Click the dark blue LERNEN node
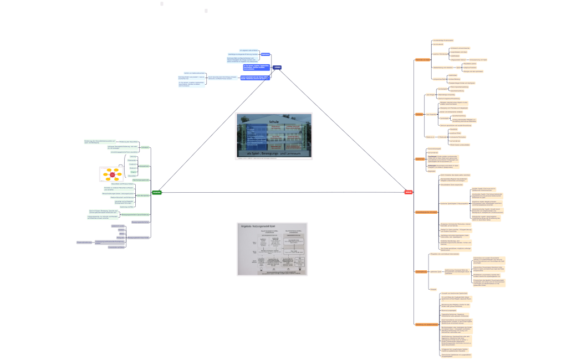(x=277, y=67)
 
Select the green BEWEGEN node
(x=157, y=192)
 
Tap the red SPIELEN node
(x=409, y=192)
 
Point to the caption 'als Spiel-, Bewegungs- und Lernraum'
(x=274, y=152)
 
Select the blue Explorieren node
(x=266, y=54)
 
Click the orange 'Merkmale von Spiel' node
(x=422, y=59)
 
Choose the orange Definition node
(x=419, y=114)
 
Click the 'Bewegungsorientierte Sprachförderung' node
(x=136, y=214)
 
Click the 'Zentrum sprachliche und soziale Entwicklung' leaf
(x=457, y=126)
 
